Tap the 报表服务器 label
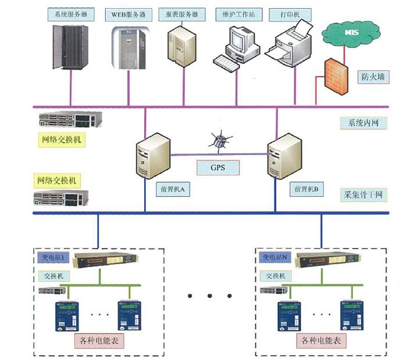(182, 13)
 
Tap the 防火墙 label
(373, 75)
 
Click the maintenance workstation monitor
(239, 39)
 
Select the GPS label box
(217, 168)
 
